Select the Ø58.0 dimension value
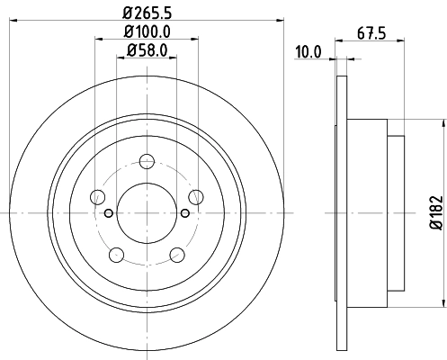click(147, 52)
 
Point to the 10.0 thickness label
click(309, 52)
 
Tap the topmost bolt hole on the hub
click(147, 162)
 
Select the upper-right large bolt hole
click(194, 196)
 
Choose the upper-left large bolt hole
click(99, 196)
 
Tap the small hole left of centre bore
click(109, 212)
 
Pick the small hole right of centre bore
click(184, 212)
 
